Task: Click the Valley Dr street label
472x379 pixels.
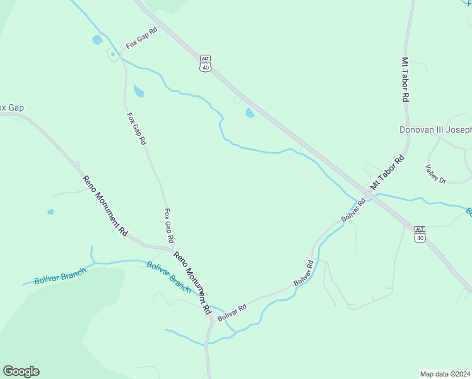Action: (x=435, y=174)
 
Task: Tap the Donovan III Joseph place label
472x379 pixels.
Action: (x=435, y=130)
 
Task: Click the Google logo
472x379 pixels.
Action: (x=21, y=371)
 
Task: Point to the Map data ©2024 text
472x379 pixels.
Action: (x=445, y=374)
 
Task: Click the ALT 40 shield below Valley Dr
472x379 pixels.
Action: (x=420, y=233)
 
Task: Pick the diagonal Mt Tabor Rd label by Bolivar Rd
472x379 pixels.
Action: (x=387, y=174)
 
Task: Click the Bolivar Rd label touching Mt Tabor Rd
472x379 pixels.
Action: (x=353, y=210)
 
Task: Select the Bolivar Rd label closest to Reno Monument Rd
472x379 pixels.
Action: (x=232, y=311)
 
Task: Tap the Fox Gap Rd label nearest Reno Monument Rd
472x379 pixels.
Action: (x=168, y=226)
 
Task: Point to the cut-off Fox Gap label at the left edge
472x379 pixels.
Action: (x=11, y=108)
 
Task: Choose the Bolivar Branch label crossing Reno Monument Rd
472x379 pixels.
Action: (x=168, y=276)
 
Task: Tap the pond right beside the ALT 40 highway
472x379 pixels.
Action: (x=249, y=113)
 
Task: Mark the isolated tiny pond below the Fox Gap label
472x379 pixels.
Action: (x=50, y=212)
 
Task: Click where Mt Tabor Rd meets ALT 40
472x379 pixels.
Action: (x=372, y=194)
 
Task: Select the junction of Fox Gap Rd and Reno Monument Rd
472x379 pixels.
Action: (x=169, y=248)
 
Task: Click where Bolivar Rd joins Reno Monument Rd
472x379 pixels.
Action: (x=210, y=320)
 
